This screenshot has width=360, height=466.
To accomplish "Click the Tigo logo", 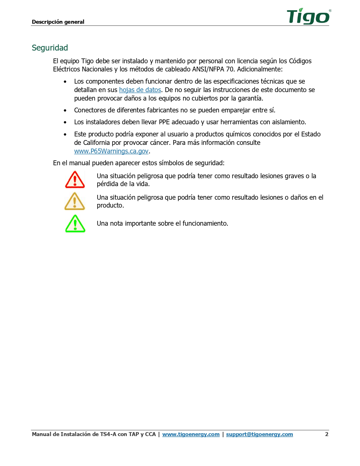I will (x=308, y=16).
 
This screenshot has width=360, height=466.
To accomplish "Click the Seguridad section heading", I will (x=50, y=48).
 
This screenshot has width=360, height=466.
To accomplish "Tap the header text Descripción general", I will (x=58, y=22).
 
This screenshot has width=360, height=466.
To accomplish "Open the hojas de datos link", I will (x=140, y=90).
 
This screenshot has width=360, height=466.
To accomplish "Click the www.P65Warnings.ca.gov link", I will (x=111, y=151).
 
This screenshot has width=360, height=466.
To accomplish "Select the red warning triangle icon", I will (x=75, y=180).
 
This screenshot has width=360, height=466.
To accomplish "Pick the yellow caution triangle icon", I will (x=75, y=201).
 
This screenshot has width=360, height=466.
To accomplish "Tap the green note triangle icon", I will (x=75, y=224).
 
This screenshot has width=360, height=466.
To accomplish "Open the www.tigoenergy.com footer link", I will (x=191, y=434).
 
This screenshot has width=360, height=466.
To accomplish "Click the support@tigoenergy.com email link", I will (x=259, y=434).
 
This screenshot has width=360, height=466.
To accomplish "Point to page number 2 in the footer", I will (x=327, y=434).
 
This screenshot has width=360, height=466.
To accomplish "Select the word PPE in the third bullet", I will (x=164, y=122).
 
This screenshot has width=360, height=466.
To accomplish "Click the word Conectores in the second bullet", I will (x=90, y=110).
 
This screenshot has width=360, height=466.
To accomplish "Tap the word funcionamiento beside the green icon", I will (x=205, y=223).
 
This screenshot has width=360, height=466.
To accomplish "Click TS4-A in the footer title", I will (x=108, y=434).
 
